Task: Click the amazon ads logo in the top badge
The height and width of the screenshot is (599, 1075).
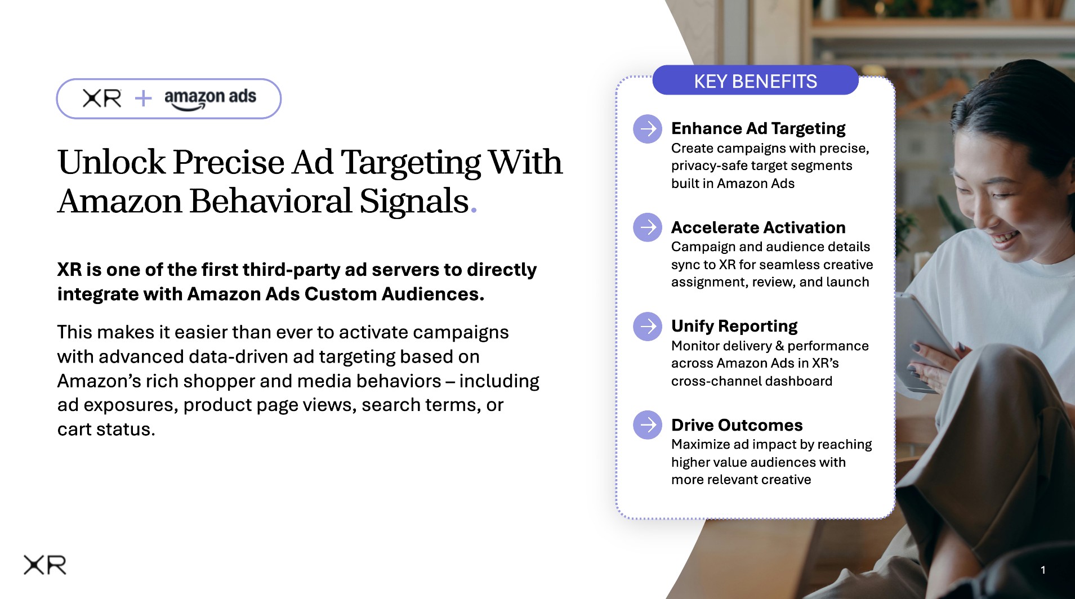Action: click(x=210, y=99)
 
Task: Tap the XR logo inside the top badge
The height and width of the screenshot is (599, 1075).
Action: click(x=102, y=99)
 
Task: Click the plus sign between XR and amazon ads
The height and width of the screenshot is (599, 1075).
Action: click(x=144, y=99)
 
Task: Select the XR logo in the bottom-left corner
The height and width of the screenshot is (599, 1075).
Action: click(x=45, y=565)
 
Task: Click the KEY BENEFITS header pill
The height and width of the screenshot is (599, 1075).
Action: click(x=755, y=81)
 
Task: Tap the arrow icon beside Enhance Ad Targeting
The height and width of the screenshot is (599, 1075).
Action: click(x=648, y=129)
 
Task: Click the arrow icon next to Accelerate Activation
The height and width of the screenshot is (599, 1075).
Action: click(x=648, y=227)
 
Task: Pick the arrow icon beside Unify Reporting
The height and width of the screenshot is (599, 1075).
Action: click(x=648, y=327)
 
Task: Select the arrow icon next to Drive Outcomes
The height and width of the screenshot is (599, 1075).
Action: click(x=648, y=425)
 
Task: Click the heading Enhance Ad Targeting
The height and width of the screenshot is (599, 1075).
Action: click(x=758, y=129)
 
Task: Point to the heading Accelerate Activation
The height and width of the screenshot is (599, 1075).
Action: click(x=758, y=227)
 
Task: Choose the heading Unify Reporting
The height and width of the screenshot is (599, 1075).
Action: click(x=734, y=327)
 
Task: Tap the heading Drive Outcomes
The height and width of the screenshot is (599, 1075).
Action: click(x=737, y=425)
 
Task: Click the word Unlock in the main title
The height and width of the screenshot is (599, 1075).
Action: click(x=111, y=162)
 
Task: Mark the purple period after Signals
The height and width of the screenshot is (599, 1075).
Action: click(x=474, y=211)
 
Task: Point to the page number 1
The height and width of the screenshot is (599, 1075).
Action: click(x=1043, y=570)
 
